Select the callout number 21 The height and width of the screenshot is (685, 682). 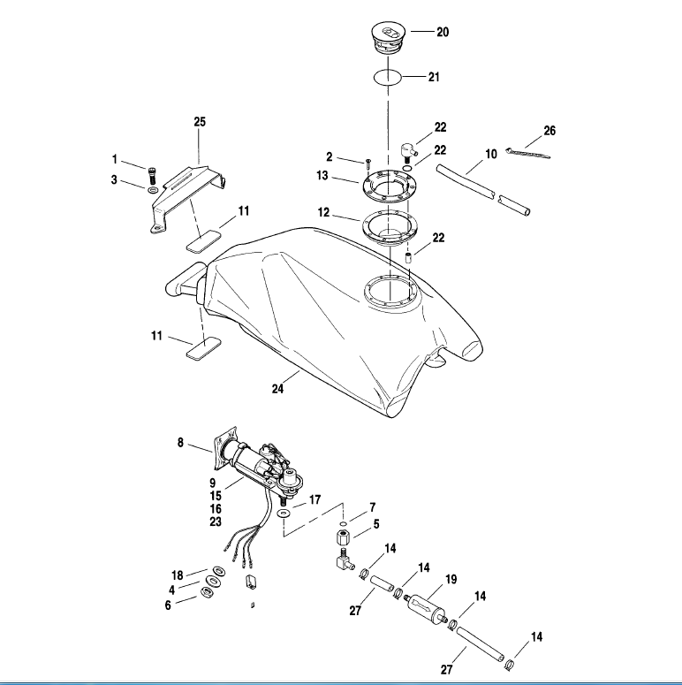[434, 77]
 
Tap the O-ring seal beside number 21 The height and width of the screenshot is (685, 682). [388, 77]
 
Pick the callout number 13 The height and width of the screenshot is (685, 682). [322, 176]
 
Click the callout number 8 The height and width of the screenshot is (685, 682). [181, 444]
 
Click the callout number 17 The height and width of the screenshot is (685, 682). [314, 499]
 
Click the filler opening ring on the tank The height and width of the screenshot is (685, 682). [390, 291]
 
